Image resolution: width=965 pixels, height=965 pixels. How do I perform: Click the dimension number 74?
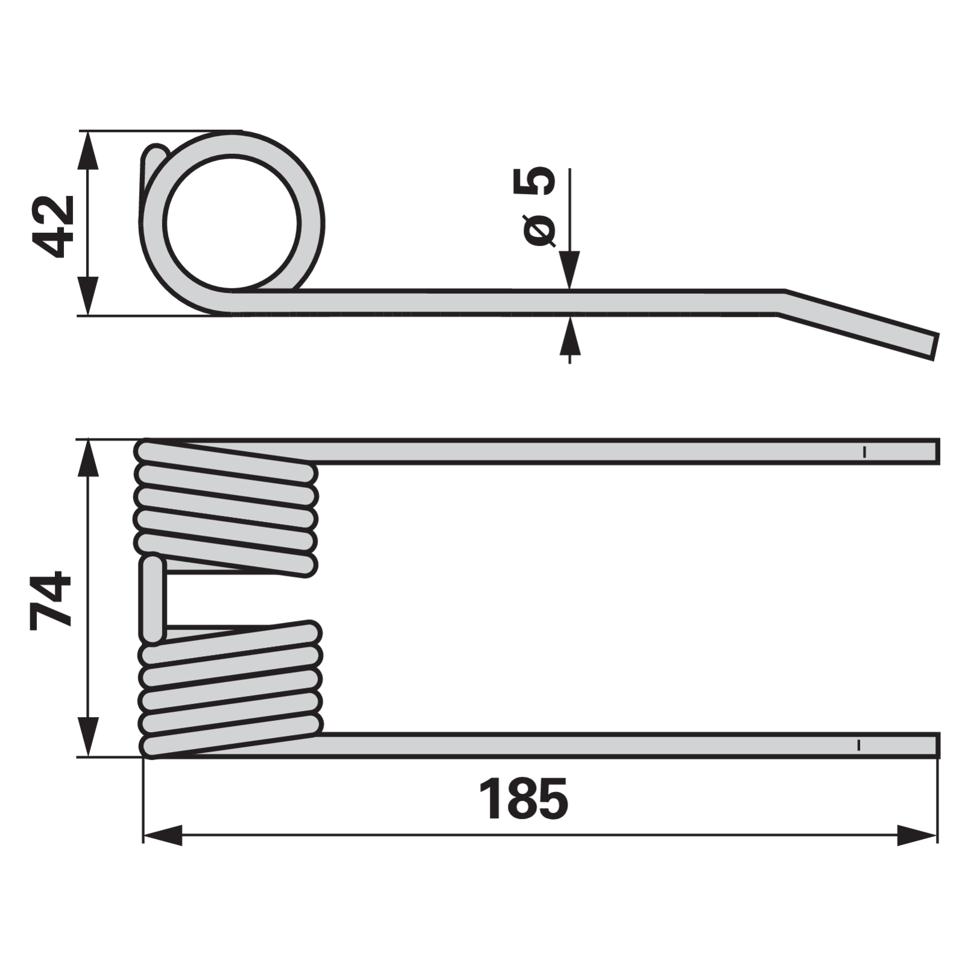pyautogui.click(x=51, y=600)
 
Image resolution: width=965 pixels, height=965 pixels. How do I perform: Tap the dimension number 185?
pyautogui.click(x=523, y=800)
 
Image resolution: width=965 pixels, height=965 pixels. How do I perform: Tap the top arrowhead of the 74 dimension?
pyautogui.click(x=89, y=458)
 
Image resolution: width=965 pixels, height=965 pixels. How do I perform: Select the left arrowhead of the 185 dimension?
pyautogui.click(x=163, y=835)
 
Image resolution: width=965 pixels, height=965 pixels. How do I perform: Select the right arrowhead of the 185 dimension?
pyautogui.click(x=917, y=835)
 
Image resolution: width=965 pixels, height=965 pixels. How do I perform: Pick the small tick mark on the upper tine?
pyautogui.click(x=865, y=452)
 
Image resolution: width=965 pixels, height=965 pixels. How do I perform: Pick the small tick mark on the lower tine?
pyautogui.click(x=858, y=745)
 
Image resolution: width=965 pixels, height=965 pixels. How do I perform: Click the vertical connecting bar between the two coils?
pyautogui.click(x=152, y=600)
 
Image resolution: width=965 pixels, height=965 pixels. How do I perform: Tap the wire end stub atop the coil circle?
pyautogui.click(x=154, y=160)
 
